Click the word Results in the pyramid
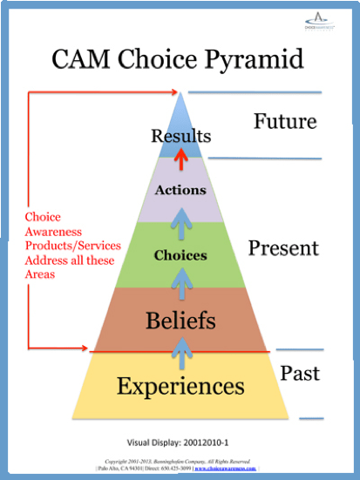[x=180, y=137]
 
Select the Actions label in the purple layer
[x=180, y=189]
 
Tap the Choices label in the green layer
[x=180, y=255]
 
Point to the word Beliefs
[x=180, y=321]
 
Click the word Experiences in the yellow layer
[x=180, y=384]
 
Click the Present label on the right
[x=284, y=248]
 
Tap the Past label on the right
[x=300, y=373]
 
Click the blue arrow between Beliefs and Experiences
[x=180, y=350]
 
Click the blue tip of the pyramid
[x=180, y=109]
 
